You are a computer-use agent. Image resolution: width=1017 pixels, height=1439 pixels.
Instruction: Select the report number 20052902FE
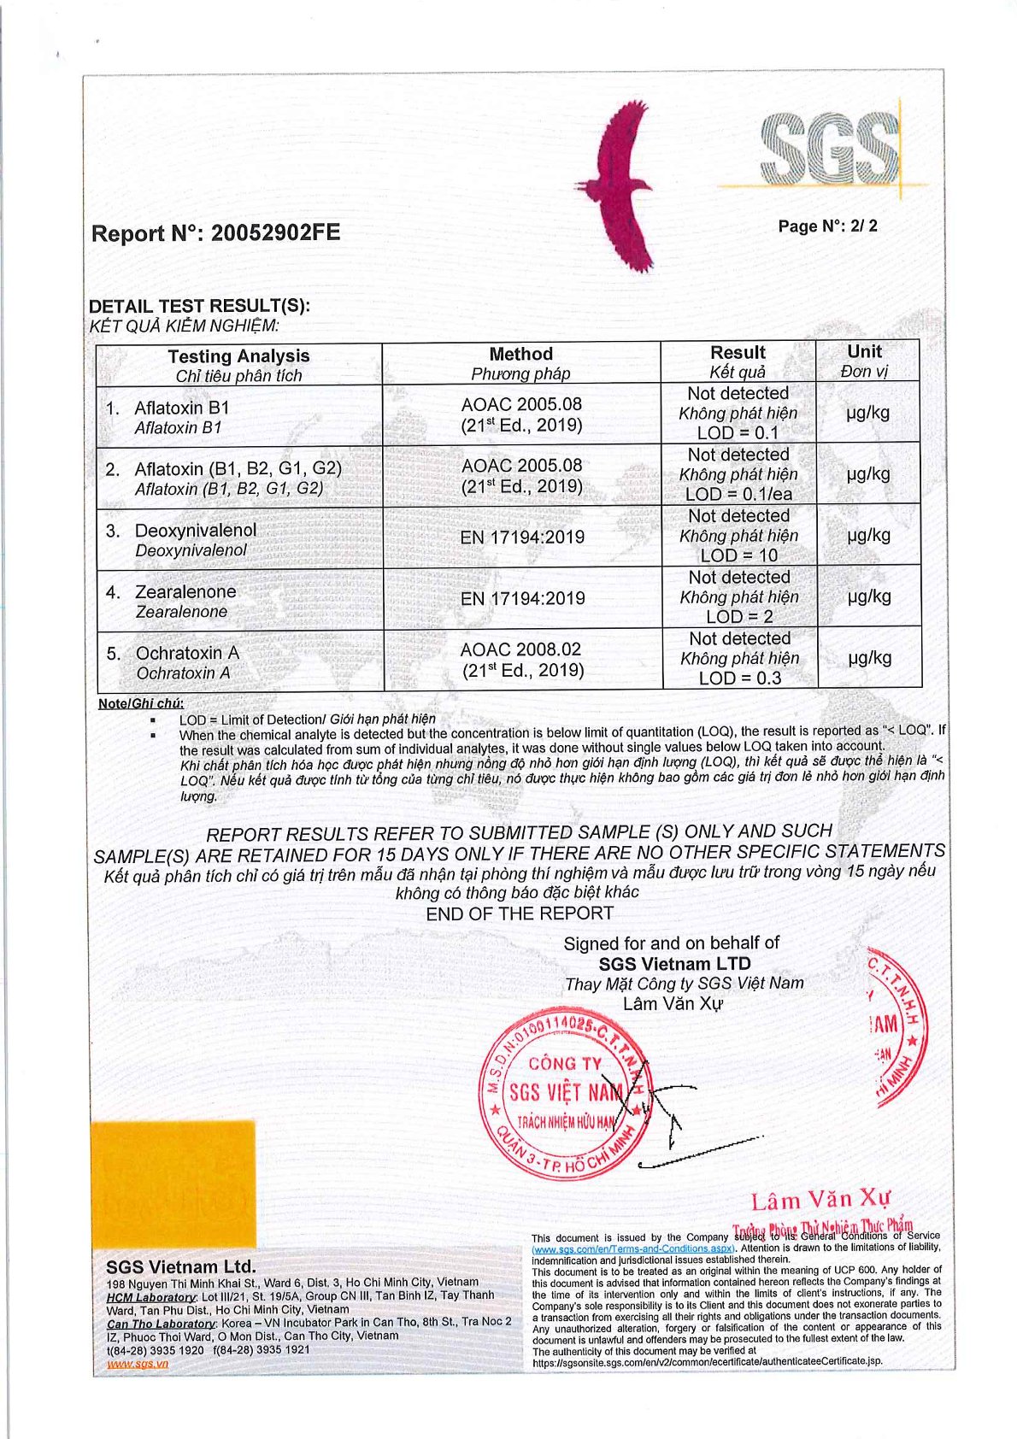[215, 232]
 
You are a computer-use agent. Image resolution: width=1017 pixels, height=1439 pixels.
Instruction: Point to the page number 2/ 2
[827, 226]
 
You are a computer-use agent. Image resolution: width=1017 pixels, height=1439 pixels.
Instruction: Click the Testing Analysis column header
[238, 356]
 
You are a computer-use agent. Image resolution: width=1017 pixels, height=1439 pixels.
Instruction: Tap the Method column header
[520, 354]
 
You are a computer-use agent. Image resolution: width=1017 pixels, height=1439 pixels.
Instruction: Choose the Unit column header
[864, 351]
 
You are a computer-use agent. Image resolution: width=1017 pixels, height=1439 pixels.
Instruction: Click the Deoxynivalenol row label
[195, 531]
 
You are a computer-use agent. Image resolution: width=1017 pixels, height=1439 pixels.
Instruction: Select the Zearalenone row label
[185, 592]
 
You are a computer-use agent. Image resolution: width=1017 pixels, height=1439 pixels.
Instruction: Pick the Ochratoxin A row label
[186, 654]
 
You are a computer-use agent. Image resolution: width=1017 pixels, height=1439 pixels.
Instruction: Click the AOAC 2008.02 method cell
[521, 649]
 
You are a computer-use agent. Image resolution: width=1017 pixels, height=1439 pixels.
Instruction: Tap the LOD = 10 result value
[739, 555]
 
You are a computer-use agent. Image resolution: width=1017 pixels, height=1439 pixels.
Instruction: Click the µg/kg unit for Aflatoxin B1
[867, 413]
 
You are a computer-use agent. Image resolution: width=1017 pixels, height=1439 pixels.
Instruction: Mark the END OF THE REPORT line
[520, 913]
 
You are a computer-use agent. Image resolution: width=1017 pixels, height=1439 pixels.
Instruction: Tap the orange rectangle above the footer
[173, 1184]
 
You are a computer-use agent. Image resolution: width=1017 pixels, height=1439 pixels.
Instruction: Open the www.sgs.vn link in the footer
[137, 1364]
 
